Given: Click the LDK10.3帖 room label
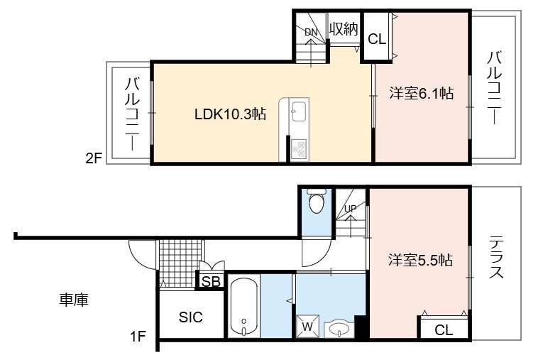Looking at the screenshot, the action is [x=230, y=114].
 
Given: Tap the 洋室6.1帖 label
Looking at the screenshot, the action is [x=422, y=93].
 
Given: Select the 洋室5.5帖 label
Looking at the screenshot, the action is [x=420, y=261].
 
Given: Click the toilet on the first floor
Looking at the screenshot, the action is [x=317, y=201].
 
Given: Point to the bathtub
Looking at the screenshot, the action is [x=244, y=307].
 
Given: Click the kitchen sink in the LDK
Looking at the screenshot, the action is [x=299, y=111].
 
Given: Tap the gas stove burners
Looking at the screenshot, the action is [x=298, y=150].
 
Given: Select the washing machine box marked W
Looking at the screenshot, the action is [x=307, y=327].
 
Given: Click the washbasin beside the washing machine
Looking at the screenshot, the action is [x=339, y=329].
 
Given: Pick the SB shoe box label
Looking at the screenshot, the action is [x=211, y=281].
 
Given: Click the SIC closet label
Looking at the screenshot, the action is [x=190, y=317].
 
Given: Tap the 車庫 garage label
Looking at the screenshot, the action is [x=74, y=300].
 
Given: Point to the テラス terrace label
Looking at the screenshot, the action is [x=496, y=256].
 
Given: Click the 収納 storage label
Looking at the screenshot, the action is [x=344, y=29].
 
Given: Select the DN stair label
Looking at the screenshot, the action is [x=311, y=33].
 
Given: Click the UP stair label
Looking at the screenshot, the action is [x=351, y=209].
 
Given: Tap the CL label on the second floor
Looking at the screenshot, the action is [x=377, y=39].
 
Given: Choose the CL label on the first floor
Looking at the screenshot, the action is [x=444, y=329].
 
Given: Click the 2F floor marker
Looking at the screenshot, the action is [x=94, y=158].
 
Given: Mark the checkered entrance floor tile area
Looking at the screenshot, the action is [x=180, y=263].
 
